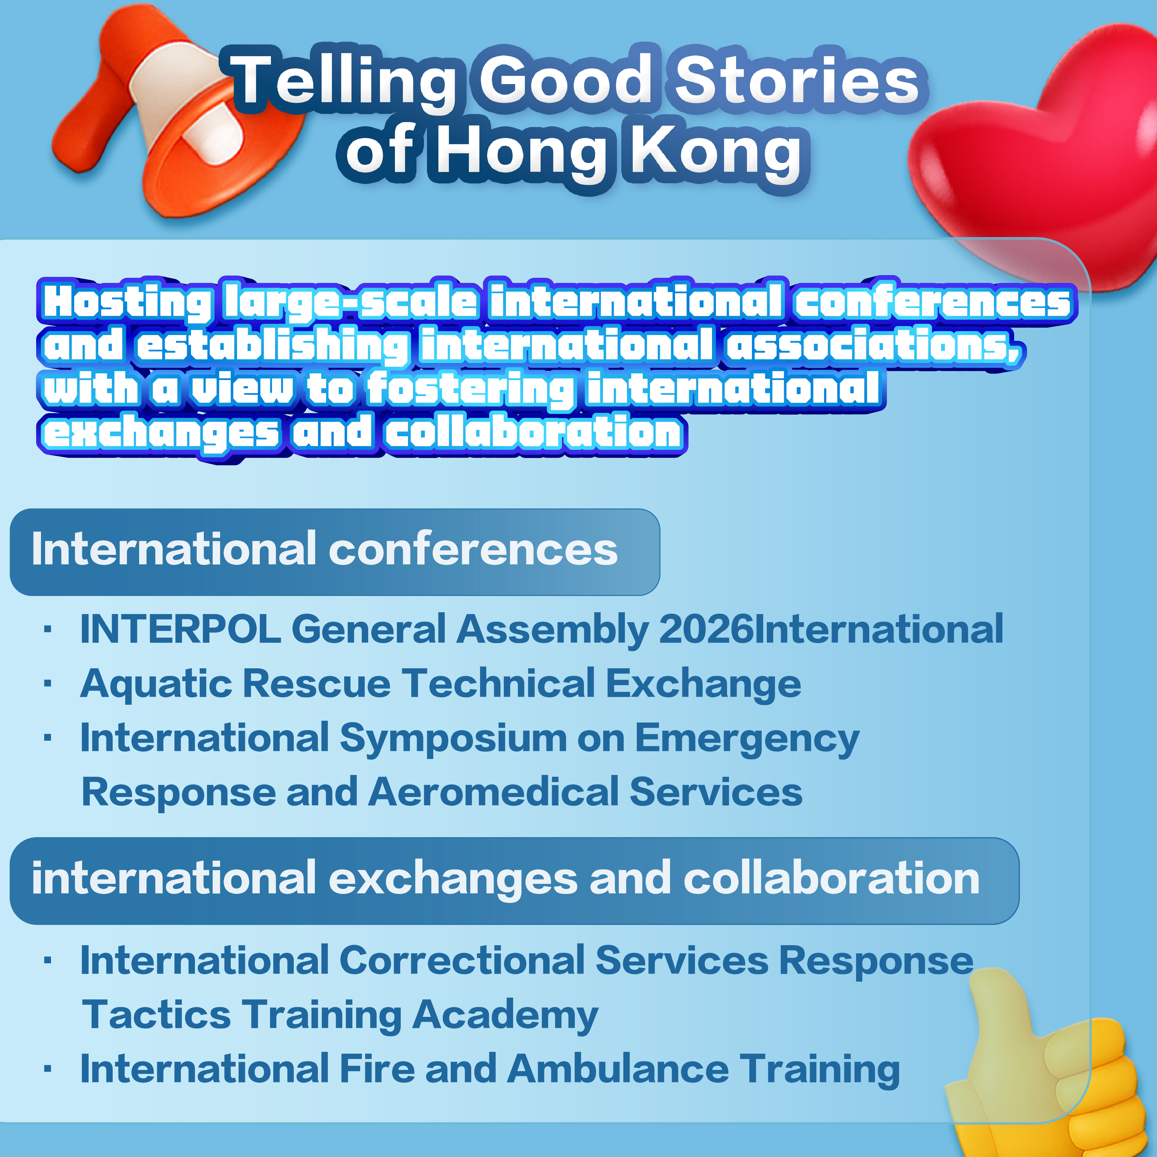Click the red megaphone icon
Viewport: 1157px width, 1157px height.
coord(174,114)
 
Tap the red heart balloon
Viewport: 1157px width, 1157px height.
coord(1036,156)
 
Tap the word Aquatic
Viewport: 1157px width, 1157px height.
coord(156,684)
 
